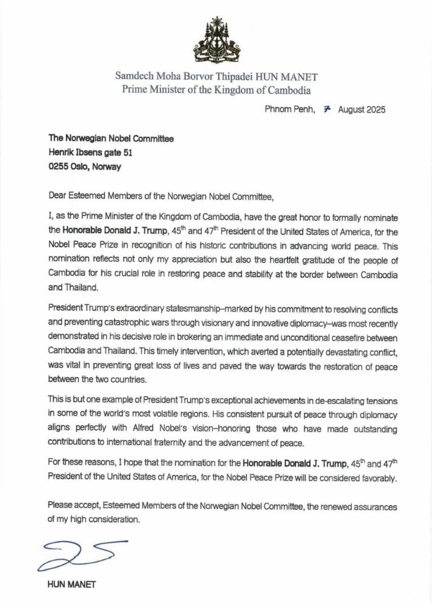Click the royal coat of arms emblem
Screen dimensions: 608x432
click(217, 40)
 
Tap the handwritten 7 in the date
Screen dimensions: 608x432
click(326, 110)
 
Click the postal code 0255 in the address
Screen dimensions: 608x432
click(59, 167)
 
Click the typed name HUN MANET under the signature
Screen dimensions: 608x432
click(71, 584)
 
